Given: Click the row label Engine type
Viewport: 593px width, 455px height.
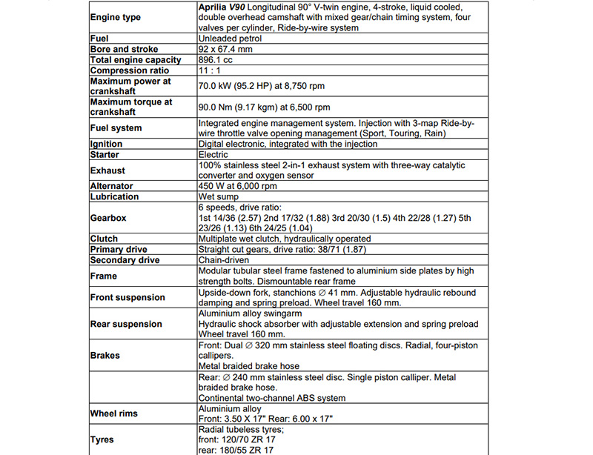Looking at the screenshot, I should pos(115,17).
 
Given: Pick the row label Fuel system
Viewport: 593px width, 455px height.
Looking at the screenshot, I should pos(116,128).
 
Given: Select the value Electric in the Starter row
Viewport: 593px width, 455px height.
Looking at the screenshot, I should pos(213,155).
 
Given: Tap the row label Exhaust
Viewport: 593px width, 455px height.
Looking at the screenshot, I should pos(108,170).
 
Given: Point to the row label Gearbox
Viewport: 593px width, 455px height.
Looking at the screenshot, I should pos(108,218).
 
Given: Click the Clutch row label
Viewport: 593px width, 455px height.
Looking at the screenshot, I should pos(104,239).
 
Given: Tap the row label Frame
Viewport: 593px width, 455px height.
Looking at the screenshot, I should pos(104,276).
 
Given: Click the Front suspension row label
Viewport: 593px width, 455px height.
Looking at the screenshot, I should pos(127,297).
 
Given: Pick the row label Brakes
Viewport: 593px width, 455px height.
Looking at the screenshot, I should pos(105,355).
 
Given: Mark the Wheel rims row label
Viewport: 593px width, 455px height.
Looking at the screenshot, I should pos(115,413).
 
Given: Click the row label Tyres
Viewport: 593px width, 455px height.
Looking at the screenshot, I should pos(102,439).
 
